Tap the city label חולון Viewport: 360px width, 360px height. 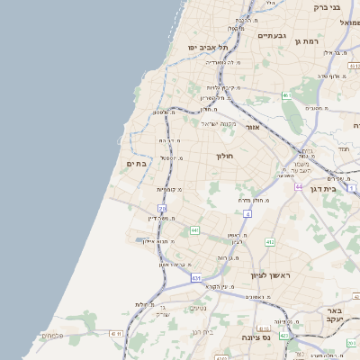coord(224,156)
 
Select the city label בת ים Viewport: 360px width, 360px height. coord(137,163)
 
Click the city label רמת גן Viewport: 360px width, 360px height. coord(308,41)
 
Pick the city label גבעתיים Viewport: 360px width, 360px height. coord(271,36)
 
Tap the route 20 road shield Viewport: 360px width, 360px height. coord(163,209)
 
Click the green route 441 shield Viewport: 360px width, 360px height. coord(194,230)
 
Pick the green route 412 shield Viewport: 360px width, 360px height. coord(269,242)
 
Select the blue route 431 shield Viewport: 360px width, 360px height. coord(196,279)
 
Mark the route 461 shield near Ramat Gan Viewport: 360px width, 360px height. coord(286,94)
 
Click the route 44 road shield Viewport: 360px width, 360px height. coord(298,187)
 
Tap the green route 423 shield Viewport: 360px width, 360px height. coord(285,336)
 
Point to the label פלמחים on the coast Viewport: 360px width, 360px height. coord(53,337)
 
